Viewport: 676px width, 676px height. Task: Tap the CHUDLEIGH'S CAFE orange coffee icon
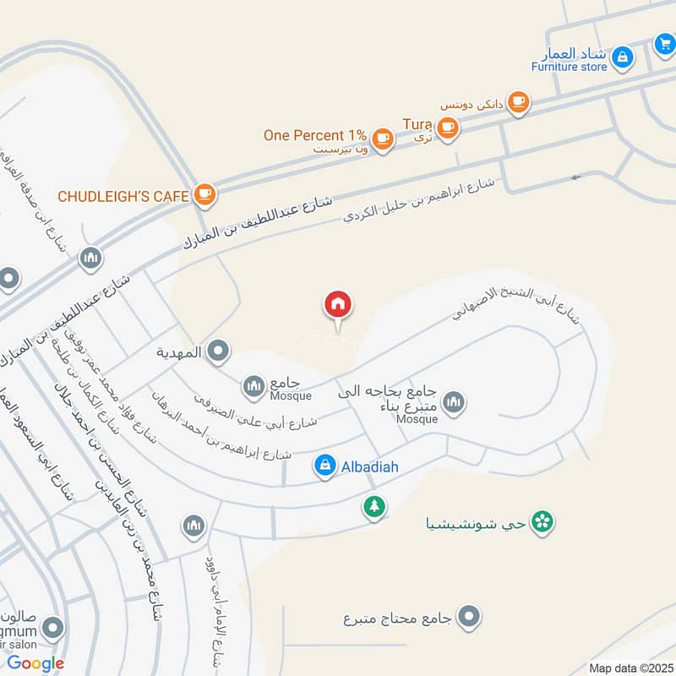pyautogui.click(x=204, y=195)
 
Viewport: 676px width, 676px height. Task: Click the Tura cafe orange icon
pyautogui.click(x=447, y=128)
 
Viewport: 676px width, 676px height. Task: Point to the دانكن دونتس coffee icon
pyautogui.click(x=518, y=102)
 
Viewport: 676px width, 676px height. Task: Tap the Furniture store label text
pyautogui.click(x=569, y=66)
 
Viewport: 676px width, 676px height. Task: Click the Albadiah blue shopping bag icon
pyautogui.click(x=324, y=465)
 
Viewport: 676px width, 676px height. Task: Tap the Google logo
pyautogui.click(x=35, y=663)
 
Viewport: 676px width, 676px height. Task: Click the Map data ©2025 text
pyautogui.click(x=630, y=668)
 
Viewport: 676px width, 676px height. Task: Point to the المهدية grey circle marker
pyautogui.click(x=219, y=352)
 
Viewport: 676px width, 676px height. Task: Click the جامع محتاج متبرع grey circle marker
pyautogui.click(x=471, y=617)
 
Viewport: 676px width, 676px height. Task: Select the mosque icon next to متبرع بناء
pyautogui.click(x=454, y=402)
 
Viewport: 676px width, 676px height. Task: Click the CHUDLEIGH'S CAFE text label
pyautogui.click(x=123, y=196)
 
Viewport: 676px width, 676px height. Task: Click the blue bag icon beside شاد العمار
pyautogui.click(x=623, y=57)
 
